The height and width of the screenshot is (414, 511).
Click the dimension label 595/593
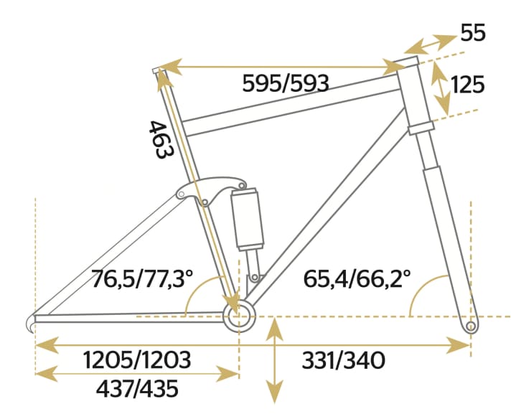(286, 84)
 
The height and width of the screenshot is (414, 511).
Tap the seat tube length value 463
(159, 140)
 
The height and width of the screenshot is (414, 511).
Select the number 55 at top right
(473, 33)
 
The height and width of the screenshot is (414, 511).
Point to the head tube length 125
(468, 85)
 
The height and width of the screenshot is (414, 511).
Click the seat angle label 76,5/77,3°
(144, 278)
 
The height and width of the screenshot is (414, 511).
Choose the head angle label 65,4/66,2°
(357, 278)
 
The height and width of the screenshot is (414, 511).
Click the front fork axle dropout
(471, 326)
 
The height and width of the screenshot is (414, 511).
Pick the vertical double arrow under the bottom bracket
(273, 361)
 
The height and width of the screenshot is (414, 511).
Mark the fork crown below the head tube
(421, 130)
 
